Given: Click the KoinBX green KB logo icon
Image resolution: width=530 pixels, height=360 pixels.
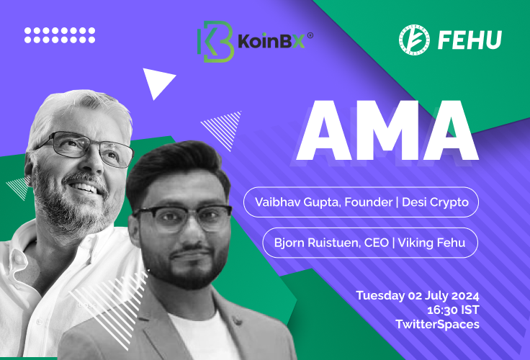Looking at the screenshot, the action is point(215,42).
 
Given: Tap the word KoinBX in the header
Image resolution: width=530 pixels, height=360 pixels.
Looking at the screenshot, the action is point(271,41).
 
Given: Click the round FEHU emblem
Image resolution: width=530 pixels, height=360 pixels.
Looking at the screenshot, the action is point(414,40).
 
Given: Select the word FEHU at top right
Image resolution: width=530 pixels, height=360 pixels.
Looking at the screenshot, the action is point(470,40).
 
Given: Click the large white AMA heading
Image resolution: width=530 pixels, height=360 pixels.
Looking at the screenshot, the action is point(387,130).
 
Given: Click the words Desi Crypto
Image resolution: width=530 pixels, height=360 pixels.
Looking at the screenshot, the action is point(435,202).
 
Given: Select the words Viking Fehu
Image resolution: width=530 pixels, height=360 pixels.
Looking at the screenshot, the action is point(431,243).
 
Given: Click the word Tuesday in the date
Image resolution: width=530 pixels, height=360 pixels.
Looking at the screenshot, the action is point(380,296).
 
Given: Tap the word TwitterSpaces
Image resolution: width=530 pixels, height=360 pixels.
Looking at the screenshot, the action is point(437,324).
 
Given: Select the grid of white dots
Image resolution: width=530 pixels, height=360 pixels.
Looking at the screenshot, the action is point(60,35).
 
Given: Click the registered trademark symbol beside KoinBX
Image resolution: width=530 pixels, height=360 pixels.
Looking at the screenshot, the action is point(310,35).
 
